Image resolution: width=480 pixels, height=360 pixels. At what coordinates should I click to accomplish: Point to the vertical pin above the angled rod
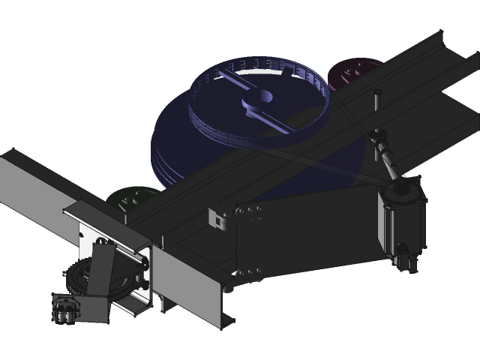coord(378,105)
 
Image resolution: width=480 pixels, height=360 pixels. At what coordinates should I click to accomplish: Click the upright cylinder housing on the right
coord(403,221)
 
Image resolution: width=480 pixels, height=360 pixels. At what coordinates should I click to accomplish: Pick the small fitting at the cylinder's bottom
coord(407,259)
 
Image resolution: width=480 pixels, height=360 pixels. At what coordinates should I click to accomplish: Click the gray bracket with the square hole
coord(218,218)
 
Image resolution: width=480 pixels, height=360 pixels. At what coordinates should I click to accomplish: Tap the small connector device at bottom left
coord(66,309)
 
